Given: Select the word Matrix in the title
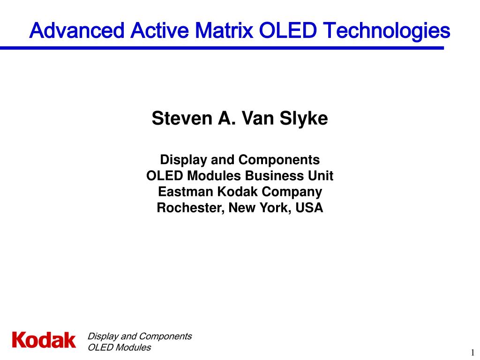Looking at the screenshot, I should coord(223,30).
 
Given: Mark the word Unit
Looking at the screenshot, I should coord(321,176).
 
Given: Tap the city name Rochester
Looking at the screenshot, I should coord(190,208).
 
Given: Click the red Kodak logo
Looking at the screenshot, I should coord(44,340).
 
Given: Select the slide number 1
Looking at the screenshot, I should coord(472,352).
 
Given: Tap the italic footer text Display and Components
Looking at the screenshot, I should coord(140,336).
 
